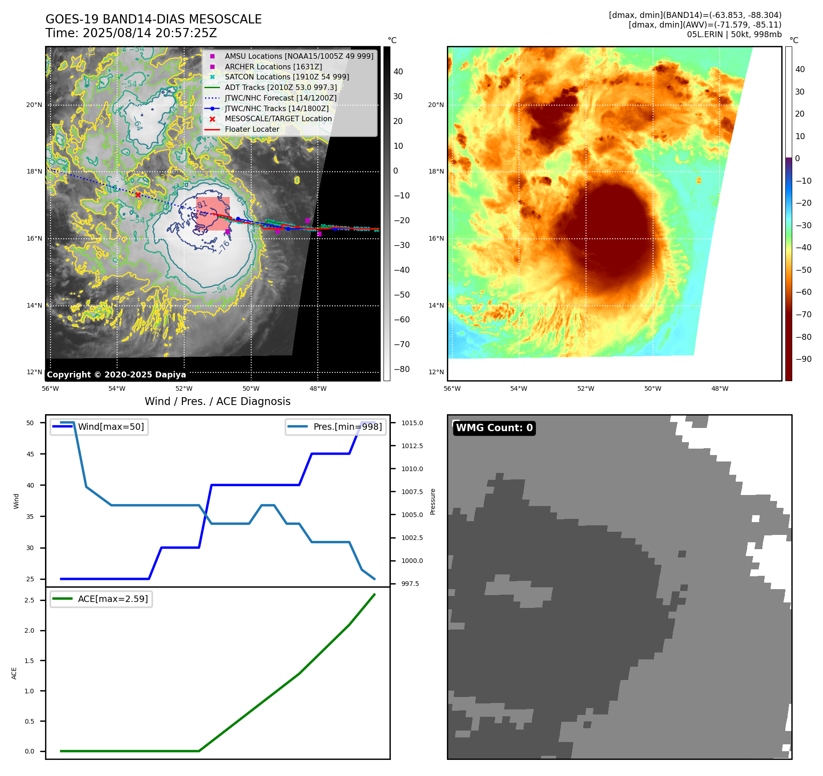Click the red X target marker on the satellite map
point(138,195)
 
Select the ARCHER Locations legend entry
point(273,67)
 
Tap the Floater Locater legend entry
point(252,129)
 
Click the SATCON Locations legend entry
point(287,77)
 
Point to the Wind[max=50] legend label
point(111,427)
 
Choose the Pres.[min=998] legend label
point(347,427)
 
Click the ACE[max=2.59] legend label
point(113,599)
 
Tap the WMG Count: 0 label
point(494,428)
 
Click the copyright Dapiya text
point(116,375)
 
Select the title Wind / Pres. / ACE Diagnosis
point(217,401)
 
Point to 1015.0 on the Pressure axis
point(412,423)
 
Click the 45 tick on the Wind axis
point(30,454)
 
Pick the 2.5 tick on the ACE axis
point(29,600)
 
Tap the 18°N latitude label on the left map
point(34,172)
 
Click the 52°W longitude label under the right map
point(586,388)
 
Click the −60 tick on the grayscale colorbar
point(402,320)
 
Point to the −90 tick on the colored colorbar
point(803,359)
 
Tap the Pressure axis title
point(433,501)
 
